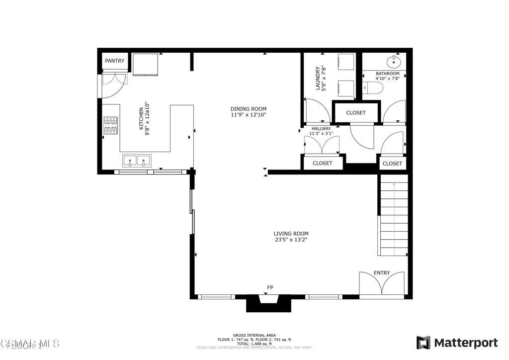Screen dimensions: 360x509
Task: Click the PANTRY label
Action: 114,61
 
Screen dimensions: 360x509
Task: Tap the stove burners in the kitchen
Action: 110,126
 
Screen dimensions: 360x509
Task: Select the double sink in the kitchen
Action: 137,161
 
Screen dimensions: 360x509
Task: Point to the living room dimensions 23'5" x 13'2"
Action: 291,240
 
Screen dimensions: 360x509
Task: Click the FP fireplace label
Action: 270,287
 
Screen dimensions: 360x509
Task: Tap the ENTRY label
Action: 381,272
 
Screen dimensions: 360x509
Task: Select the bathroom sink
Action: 394,61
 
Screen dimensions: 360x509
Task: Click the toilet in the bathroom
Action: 374,89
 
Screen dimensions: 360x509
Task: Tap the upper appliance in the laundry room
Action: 344,62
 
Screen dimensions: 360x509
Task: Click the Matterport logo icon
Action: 423,343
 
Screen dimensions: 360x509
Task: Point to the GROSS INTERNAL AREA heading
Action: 254,335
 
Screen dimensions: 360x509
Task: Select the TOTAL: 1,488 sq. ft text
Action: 254,344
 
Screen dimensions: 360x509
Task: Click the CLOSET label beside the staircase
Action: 392,163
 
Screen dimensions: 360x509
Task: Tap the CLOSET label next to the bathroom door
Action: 355,112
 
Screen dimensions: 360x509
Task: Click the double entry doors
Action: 382,286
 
